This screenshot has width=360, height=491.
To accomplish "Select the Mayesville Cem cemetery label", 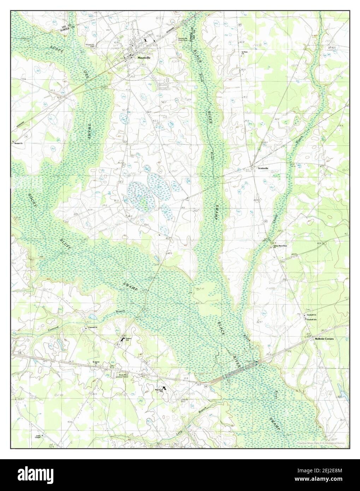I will (90, 46).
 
